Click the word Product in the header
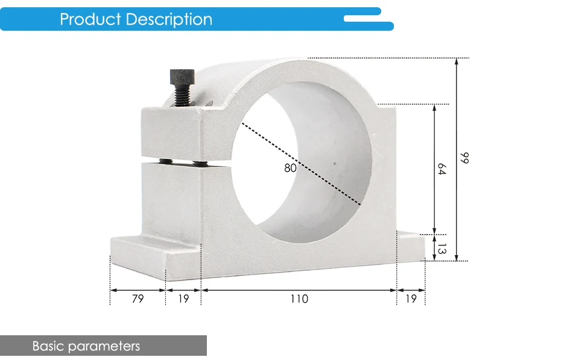90,19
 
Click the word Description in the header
169,19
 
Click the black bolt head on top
182,77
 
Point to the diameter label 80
290,168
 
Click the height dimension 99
464,158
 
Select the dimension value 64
441,169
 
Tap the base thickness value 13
441,248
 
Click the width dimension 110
299,298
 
